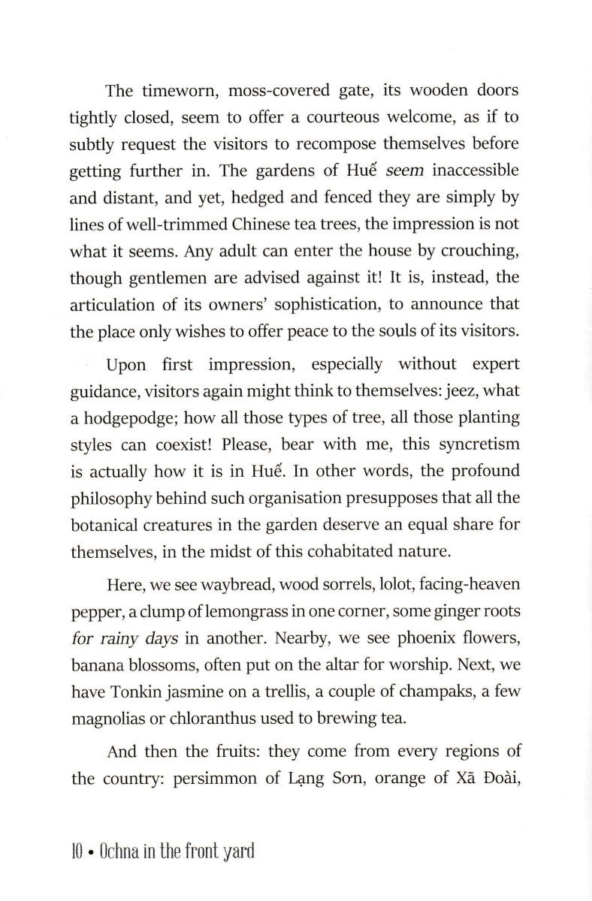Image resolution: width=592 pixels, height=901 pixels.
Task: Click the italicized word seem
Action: pos(406,171)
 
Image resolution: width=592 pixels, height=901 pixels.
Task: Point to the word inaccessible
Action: pos(473,171)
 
